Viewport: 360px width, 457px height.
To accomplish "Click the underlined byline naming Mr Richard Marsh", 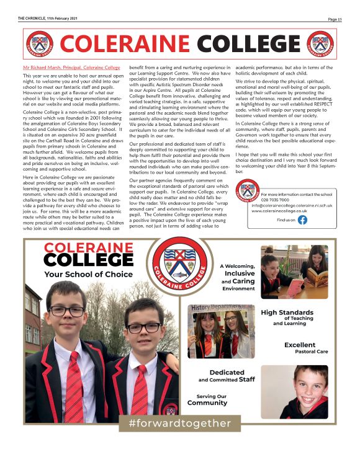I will [x=71, y=66].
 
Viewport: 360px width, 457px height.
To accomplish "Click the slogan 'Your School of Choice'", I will [x=88, y=273].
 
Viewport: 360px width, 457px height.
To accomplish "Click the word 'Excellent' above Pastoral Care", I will [x=300, y=345].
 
